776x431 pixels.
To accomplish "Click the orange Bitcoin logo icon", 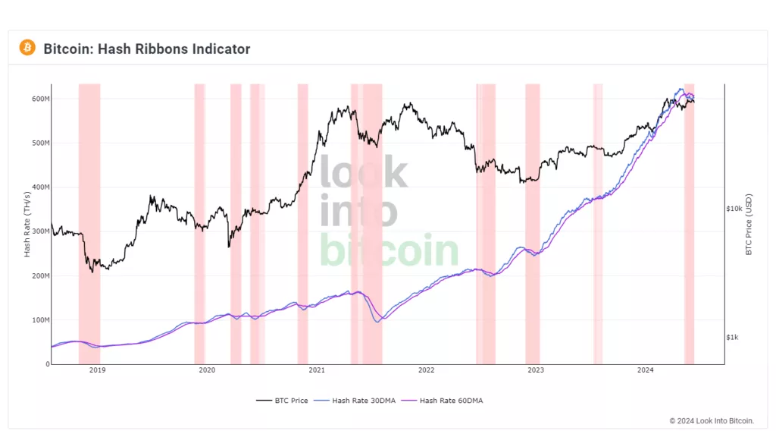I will pyautogui.click(x=27, y=48).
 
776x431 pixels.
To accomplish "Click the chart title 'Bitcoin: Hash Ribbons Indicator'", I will pyautogui.click(x=146, y=49).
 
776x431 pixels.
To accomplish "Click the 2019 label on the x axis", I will pyautogui.click(x=97, y=370).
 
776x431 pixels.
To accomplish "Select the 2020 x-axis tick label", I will pyautogui.click(x=207, y=370).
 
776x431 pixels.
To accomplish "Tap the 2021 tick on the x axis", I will pyautogui.click(x=317, y=370).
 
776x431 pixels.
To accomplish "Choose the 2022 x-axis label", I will pyautogui.click(x=426, y=370).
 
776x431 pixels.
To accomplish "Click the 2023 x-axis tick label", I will pyautogui.click(x=536, y=370).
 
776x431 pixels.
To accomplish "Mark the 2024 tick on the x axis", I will pyautogui.click(x=646, y=370).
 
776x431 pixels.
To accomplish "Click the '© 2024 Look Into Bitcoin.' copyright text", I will pyautogui.click(x=712, y=420).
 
